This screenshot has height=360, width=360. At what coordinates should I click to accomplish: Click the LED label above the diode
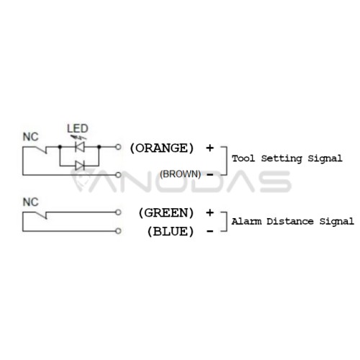[78, 128]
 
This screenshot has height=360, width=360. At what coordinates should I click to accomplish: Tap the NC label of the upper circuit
[30, 137]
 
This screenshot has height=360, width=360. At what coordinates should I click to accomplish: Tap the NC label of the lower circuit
[30, 202]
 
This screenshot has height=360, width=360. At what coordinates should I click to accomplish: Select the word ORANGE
[161, 148]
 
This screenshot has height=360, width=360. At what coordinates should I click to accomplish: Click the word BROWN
[180, 174]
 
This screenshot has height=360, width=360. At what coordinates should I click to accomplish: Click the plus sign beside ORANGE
[210, 148]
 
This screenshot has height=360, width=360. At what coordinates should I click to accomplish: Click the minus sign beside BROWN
[210, 175]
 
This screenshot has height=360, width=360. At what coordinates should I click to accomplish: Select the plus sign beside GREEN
[210, 212]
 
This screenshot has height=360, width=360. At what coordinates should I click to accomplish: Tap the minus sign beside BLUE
[210, 232]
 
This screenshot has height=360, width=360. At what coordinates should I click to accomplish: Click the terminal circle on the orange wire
[118, 147]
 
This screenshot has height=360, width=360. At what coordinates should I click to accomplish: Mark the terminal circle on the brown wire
[118, 175]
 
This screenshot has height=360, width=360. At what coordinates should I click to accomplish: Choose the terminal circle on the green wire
[118, 212]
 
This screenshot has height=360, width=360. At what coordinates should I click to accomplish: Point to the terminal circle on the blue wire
[118, 231]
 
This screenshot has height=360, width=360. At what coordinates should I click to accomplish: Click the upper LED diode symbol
[80, 147]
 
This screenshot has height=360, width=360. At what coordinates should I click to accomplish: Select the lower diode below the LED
[80, 166]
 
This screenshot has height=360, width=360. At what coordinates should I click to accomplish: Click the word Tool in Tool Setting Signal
[243, 158]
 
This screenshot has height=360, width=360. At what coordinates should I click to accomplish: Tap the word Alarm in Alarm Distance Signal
[246, 221]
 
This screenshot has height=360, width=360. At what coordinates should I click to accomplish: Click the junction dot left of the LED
[60, 147]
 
